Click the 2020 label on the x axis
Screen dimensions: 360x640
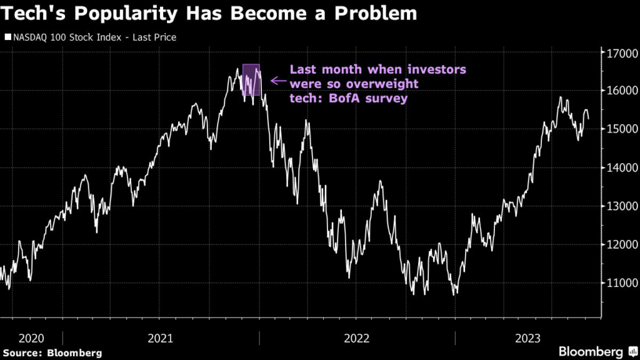click(x=31, y=338)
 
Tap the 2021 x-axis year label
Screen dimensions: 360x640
click(x=161, y=338)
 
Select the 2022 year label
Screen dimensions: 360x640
click(x=357, y=338)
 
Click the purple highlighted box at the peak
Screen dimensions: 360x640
click(x=251, y=79)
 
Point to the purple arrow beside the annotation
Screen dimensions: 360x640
click(x=277, y=81)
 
